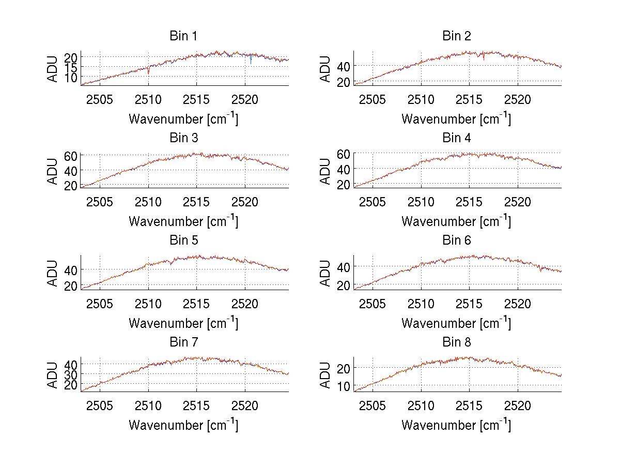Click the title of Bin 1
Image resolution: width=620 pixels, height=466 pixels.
point(183,36)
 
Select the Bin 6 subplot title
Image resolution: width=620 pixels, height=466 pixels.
point(457,240)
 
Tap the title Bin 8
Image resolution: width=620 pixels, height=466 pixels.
point(457,342)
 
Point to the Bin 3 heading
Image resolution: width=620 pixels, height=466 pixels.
point(183,138)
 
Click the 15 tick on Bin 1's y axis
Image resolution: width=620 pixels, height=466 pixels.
point(70,67)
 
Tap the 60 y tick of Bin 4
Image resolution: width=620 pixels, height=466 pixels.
point(344,154)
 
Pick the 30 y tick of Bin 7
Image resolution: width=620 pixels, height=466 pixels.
point(70,374)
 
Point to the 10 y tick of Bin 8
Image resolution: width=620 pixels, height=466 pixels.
point(344,386)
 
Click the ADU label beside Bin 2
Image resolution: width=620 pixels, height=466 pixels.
point(325,69)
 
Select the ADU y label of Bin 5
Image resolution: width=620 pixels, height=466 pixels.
point(52,273)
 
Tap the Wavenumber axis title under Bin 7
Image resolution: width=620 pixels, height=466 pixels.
point(183,425)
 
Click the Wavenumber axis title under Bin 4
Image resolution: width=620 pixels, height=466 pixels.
point(457,221)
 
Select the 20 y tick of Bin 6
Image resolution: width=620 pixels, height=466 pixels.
point(344,285)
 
